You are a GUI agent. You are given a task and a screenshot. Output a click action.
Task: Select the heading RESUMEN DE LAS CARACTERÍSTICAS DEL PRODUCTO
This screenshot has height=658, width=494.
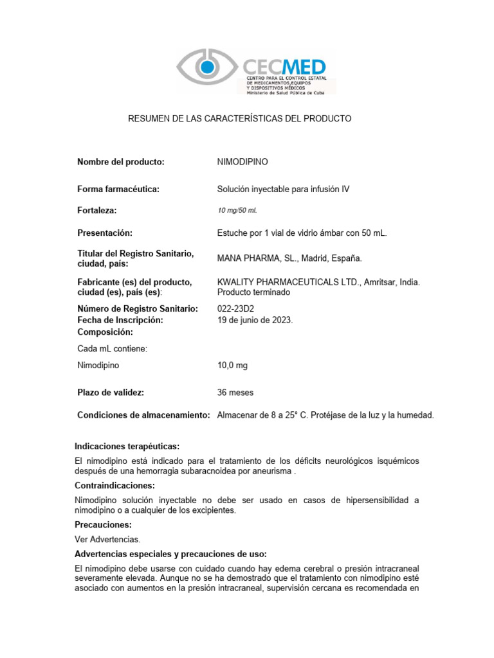[240, 119]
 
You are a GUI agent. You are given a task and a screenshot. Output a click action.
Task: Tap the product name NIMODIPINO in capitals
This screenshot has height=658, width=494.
[242, 162]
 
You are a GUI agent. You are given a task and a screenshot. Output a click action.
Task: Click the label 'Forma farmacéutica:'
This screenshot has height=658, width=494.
[118, 188]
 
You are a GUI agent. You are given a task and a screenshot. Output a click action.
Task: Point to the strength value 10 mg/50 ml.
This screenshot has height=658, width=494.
[237, 211]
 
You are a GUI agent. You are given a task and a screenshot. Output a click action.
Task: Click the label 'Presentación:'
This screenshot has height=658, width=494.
[104, 233]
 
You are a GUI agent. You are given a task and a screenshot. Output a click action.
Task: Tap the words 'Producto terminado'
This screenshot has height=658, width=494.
[254, 292]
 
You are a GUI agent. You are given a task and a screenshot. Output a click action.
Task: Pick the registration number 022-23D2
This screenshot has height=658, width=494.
[236, 308]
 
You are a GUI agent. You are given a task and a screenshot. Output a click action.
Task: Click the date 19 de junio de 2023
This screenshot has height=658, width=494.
[255, 319]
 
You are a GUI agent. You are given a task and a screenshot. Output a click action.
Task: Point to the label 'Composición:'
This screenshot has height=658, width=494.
[105, 332]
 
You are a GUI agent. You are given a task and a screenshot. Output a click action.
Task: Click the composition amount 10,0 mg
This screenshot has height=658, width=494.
[232, 365]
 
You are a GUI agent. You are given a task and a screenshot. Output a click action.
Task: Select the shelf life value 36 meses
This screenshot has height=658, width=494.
[235, 392]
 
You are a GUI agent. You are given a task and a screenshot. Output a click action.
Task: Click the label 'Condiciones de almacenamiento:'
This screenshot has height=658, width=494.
[143, 415]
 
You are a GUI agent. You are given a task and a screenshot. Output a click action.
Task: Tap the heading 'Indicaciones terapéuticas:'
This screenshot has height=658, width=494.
[127, 446]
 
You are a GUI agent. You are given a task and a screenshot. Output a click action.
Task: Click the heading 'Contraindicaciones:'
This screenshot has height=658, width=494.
[114, 486]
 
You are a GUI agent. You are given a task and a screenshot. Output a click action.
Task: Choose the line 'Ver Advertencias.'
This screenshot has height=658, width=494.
[107, 540]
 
